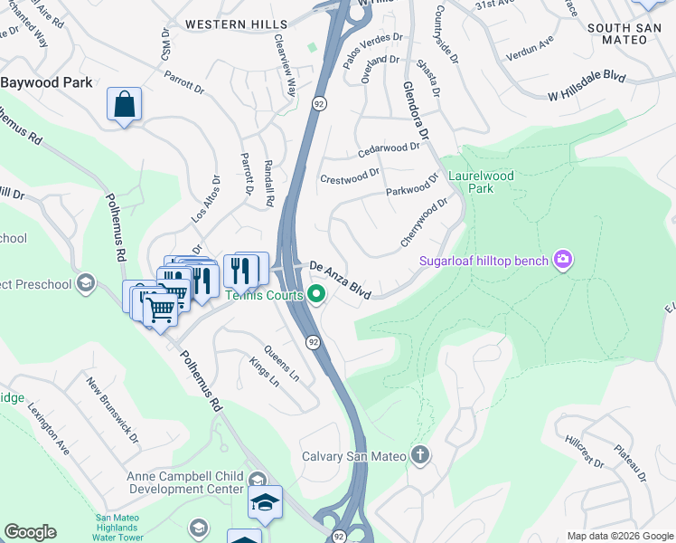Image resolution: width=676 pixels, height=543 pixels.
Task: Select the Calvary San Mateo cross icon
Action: pyautogui.click(x=419, y=455)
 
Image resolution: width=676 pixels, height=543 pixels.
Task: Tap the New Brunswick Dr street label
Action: pyautogui.click(x=112, y=410)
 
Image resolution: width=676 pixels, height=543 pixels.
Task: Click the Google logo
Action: pyautogui.click(x=30, y=532)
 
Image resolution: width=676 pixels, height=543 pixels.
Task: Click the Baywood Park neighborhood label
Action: pyautogui.click(x=47, y=82)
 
